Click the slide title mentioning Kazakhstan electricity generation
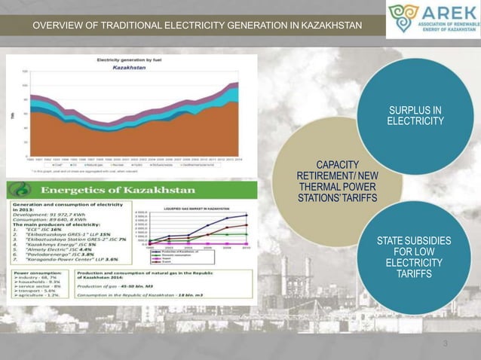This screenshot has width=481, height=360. tap(198, 28)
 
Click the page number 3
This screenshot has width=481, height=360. tap(446, 343)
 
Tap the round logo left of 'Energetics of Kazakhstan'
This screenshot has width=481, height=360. tap(29, 190)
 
